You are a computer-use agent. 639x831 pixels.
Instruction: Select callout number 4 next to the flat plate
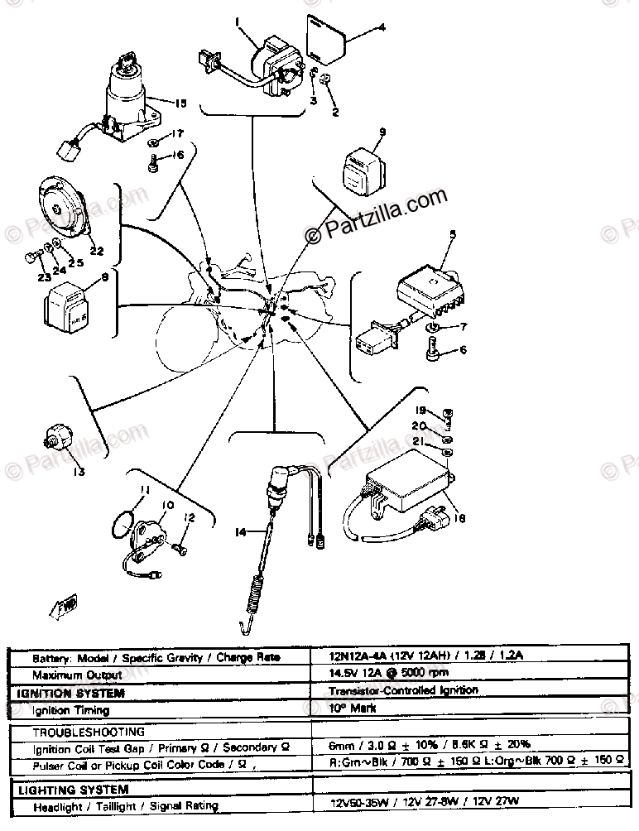[x=382, y=28]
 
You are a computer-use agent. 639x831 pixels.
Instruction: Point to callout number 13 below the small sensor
[x=79, y=473]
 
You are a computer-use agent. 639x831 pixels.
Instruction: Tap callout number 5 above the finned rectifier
[x=452, y=235]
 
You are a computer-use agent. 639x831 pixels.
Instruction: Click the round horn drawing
[x=63, y=211]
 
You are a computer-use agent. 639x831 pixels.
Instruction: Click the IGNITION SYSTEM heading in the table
[x=71, y=693]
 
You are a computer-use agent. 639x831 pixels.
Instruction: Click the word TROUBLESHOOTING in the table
[x=88, y=732]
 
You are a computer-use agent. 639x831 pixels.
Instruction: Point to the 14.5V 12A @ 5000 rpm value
[x=380, y=674]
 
